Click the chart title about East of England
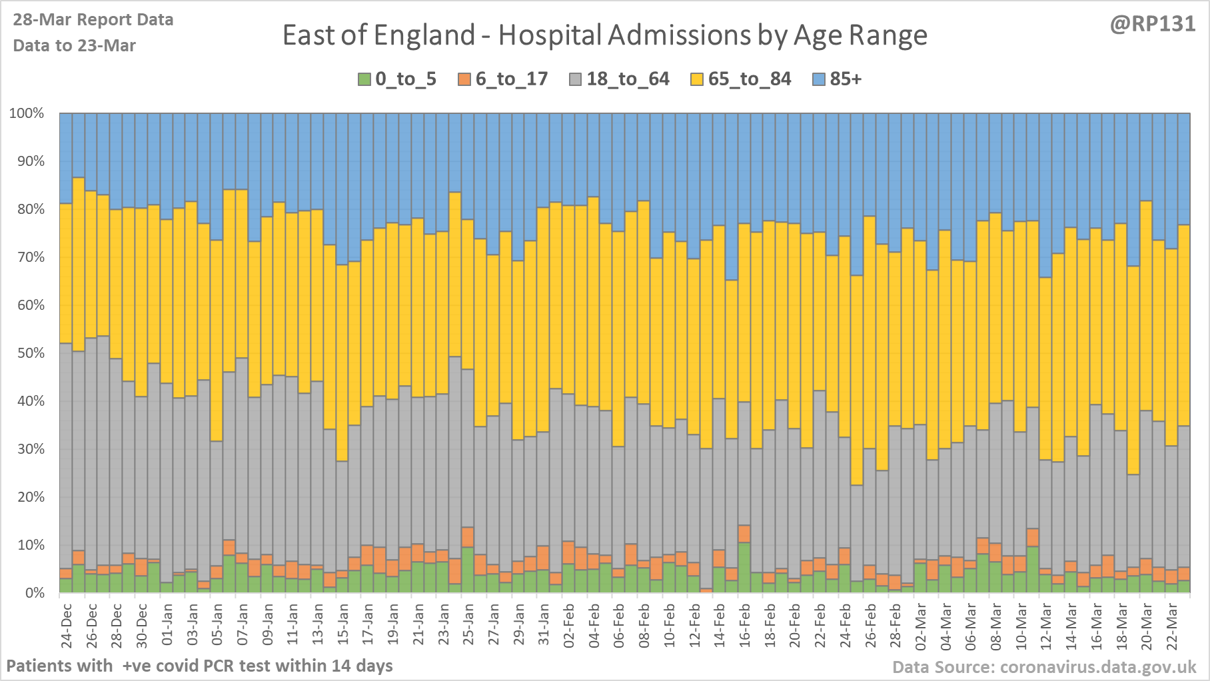click(604, 35)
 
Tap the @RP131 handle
click(1152, 24)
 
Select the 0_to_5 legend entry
click(398, 79)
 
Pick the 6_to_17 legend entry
click(503, 79)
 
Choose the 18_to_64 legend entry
click(620, 79)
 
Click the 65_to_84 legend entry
click(742, 79)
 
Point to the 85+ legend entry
click(838, 79)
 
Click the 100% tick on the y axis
click(27, 113)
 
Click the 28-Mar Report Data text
click(93, 20)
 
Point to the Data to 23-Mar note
click(75, 45)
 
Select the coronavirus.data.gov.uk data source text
click(1044, 667)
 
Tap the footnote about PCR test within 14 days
click(200, 666)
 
